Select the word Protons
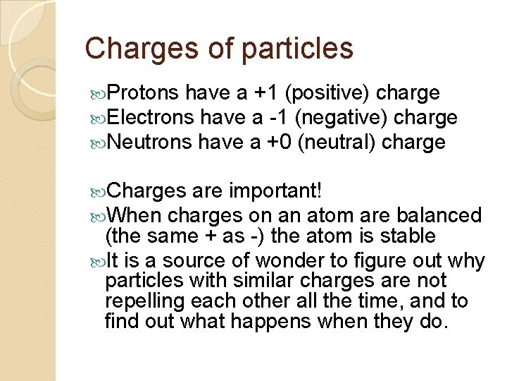click(145, 93)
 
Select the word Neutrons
click(151, 143)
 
